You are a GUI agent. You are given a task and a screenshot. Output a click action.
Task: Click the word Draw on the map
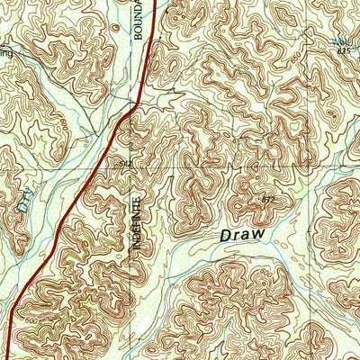(243, 234)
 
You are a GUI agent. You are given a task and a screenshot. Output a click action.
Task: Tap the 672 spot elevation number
(267, 197)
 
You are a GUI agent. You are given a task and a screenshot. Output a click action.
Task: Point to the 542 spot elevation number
(126, 164)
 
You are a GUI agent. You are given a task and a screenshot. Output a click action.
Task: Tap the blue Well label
(341, 41)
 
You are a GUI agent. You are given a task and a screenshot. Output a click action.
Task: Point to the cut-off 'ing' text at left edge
(7, 54)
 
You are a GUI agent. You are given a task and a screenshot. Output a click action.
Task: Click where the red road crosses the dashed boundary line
(132, 107)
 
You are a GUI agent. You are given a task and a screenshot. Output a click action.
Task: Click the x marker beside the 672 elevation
(259, 196)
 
